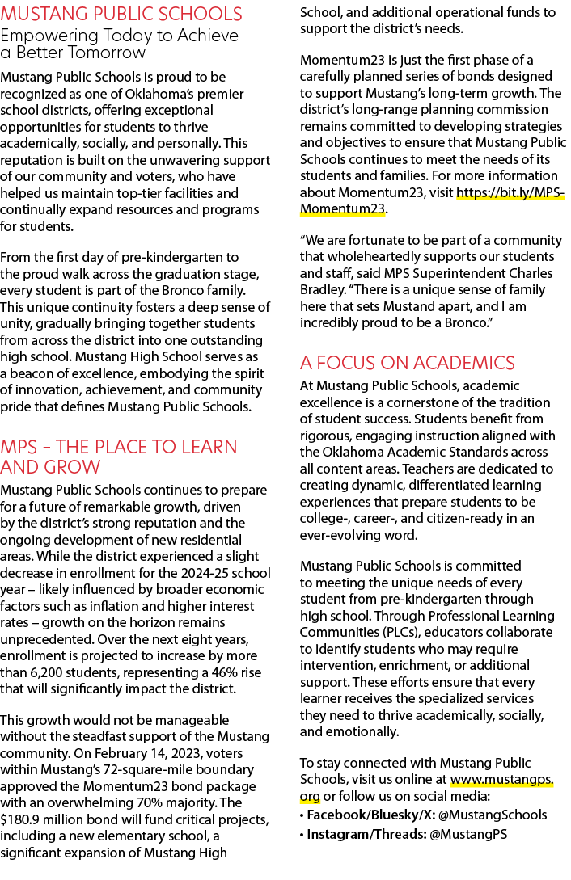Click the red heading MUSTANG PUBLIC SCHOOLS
[x=121, y=14]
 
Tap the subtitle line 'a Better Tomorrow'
[x=73, y=53]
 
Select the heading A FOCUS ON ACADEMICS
[x=407, y=363]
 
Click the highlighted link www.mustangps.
[x=502, y=780]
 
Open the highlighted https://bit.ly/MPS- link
[x=510, y=192]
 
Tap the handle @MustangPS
[x=468, y=835]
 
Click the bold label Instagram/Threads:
[x=366, y=835]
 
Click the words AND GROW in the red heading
[x=50, y=467]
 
